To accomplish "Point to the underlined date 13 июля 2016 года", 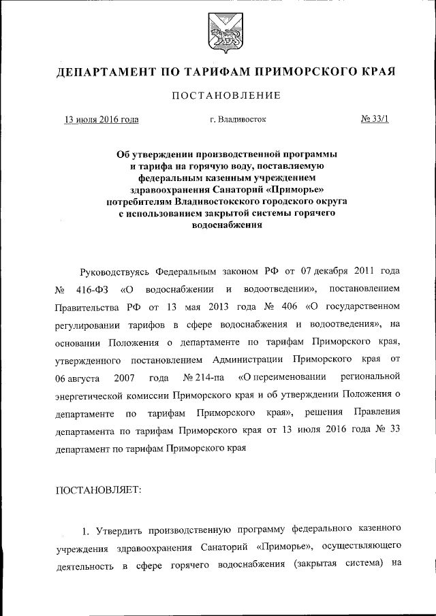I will (x=102, y=120).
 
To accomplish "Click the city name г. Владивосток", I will (x=238, y=120).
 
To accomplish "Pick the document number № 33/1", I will (x=373, y=120).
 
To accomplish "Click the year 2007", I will (x=127, y=377).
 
